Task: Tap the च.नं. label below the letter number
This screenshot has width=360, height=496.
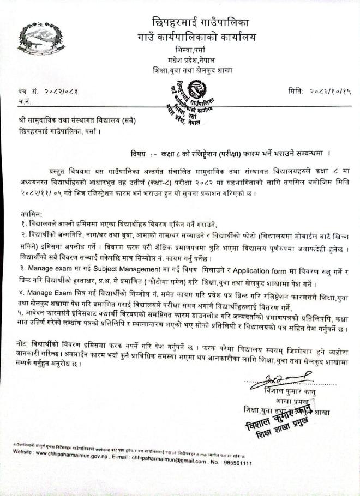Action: pos(25,101)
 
